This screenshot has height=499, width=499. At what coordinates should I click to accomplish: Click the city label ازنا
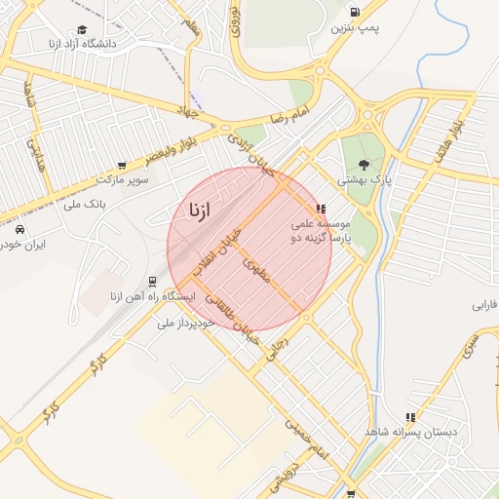[x=196, y=210]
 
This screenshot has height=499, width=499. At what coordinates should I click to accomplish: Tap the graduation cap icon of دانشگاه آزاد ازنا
[x=81, y=29]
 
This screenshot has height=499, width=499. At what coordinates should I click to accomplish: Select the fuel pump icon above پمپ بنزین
[x=353, y=12]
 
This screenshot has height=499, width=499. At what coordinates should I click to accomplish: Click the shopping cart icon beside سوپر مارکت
[x=121, y=166]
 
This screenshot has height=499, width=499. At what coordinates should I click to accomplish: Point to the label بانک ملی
[x=84, y=205]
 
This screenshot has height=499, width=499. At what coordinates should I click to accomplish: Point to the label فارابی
[x=484, y=305]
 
